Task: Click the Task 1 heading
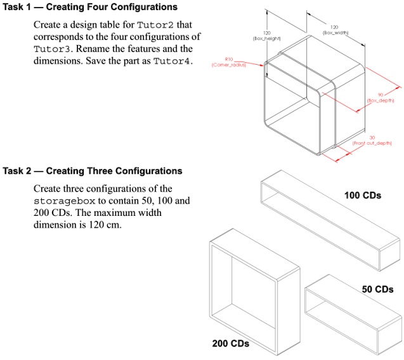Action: [x=89, y=7]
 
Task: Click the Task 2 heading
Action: [x=92, y=171]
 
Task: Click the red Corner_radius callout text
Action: [x=225, y=65]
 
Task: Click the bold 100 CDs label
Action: [x=362, y=196]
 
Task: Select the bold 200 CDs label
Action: [x=230, y=344]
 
